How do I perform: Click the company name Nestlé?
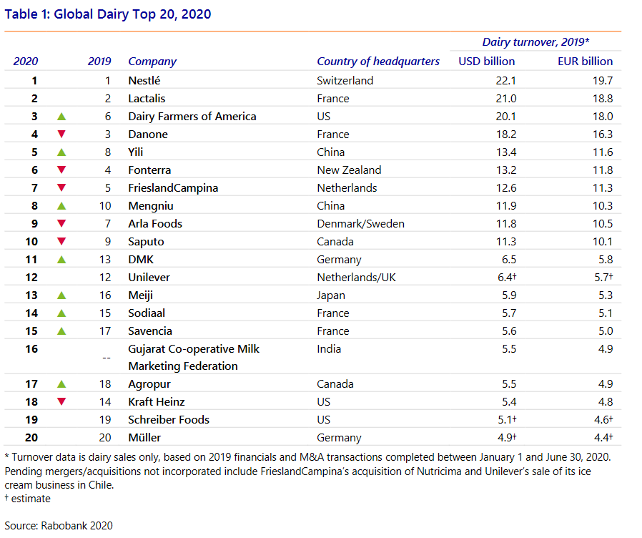tap(144, 80)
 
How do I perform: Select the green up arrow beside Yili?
tap(61, 152)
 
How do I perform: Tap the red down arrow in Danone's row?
tap(61, 134)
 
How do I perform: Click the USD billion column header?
tap(486, 61)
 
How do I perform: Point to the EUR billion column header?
tap(585, 61)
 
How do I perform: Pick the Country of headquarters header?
tap(378, 62)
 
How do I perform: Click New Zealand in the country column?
tap(349, 170)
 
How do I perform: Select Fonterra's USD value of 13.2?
tap(506, 170)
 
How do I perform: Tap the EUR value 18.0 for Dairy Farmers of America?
tap(603, 117)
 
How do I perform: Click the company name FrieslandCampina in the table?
tap(173, 188)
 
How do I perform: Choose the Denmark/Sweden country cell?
tap(360, 224)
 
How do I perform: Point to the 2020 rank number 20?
tap(31, 438)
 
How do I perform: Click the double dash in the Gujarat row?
tap(107, 358)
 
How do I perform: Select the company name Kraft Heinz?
tap(157, 402)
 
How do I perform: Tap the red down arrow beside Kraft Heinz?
tap(61, 401)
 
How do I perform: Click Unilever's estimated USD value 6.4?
tap(505, 278)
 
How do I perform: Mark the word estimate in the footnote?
tap(31, 499)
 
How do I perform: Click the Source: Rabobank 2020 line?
tap(59, 526)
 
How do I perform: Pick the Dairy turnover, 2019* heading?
tap(535, 41)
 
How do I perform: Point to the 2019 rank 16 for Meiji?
tap(105, 295)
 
